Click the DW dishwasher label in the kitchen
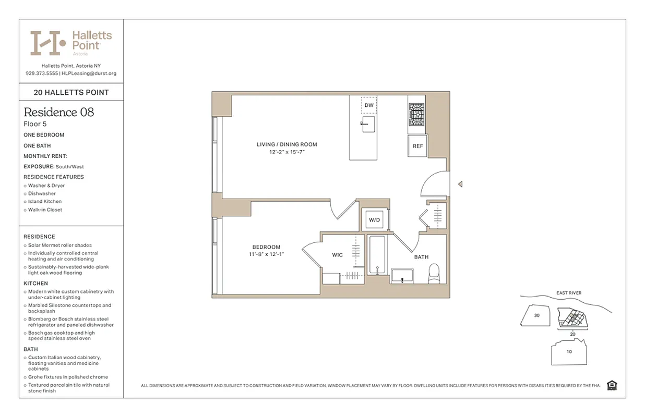tap(369, 105)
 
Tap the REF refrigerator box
tap(417, 146)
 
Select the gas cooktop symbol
tap(416, 115)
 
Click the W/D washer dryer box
tap(375, 220)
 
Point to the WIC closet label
tap(338, 255)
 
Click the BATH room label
tap(421, 257)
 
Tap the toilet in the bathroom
tap(434, 273)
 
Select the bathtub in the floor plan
tap(377, 255)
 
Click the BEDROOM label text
tap(266, 247)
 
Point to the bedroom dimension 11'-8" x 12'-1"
tap(266, 254)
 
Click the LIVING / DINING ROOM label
tap(286, 144)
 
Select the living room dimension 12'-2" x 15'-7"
tap(286, 152)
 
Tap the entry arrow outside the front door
tap(460, 183)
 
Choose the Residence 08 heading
tap(59, 112)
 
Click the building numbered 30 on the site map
tap(536, 316)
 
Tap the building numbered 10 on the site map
tap(569, 352)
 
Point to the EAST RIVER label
tap(568, 293)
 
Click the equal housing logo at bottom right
tap(612, 385)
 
